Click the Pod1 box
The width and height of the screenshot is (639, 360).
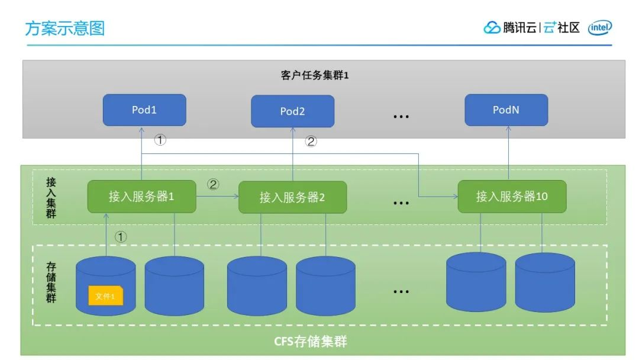144,110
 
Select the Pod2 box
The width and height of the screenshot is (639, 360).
292,111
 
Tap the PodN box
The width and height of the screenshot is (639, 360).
506,110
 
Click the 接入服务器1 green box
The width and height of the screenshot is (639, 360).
141,197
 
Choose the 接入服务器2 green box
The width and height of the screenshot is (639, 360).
292,197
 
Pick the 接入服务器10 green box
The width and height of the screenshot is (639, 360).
512,197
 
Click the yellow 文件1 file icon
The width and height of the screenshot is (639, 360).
105,295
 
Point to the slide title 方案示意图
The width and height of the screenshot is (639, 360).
64,28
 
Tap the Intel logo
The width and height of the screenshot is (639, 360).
600,27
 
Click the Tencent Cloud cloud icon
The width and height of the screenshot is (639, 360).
492,28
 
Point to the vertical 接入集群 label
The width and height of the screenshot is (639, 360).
51,198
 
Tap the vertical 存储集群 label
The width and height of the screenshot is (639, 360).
51,282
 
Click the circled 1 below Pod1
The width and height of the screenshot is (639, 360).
160,140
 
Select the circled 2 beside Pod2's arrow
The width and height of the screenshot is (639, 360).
311,142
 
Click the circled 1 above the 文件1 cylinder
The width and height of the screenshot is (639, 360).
121,237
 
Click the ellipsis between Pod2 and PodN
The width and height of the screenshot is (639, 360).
401,117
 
